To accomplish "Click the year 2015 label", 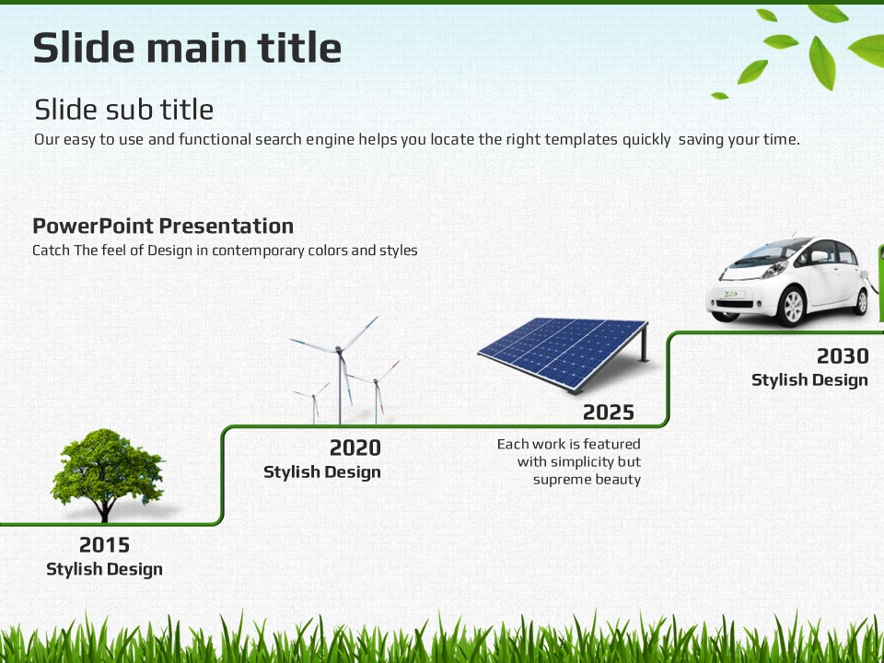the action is coord(104,545).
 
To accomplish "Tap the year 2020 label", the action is coord(355,448).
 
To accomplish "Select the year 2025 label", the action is coord(609,413).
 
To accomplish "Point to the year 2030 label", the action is coord(843,356).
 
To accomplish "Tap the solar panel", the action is coord(564,354).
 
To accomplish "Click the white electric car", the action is coord(789,281).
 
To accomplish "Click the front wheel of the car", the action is coord(793,307).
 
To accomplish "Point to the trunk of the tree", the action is coord(104,510).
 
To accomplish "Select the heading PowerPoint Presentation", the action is coord(163,227).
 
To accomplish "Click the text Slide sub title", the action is coord(124,110).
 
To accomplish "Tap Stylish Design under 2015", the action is coord(104,569).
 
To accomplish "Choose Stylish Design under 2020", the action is coord(322,471).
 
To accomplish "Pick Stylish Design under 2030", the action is coord(809,380).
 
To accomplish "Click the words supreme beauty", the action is coord(587,480).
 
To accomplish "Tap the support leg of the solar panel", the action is coord(644,343).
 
